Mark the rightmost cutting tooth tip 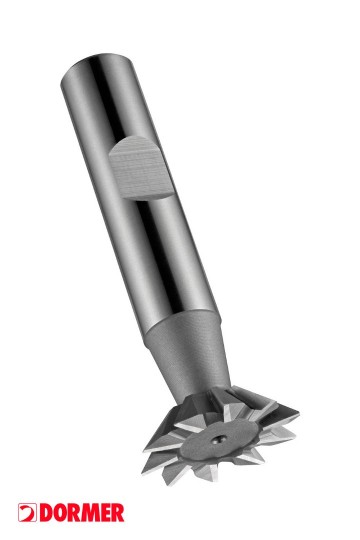(x=297, y=409)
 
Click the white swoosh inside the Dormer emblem (x=26, y=512)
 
